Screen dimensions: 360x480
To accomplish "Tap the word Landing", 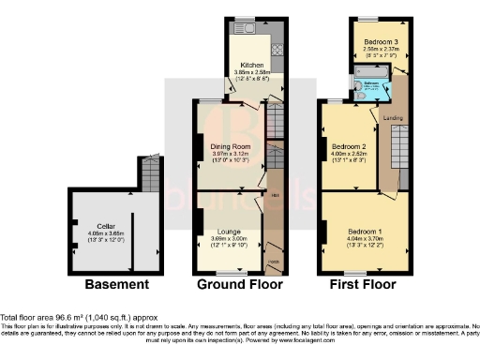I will click(x=393, y=117).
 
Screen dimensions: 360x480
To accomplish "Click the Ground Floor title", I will click(x=238, y=284).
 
